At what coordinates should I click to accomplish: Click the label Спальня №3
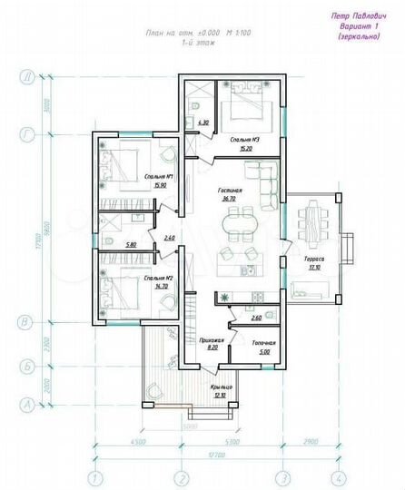point(241,138)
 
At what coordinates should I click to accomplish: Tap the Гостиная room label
point(229,189)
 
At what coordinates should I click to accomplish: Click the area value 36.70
point(229,197)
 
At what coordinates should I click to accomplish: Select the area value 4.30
point(203,122)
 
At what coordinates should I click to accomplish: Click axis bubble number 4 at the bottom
point(337,477)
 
